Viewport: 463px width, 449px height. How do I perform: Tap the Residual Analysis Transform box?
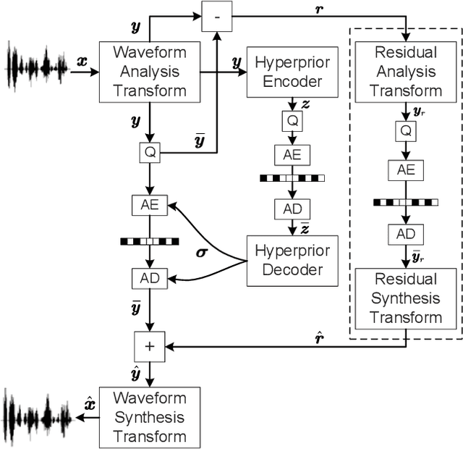[x=406, y=72]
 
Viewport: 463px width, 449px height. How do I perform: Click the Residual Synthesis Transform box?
[x=406, y=298]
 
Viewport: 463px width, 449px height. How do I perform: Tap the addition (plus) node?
[x=150, y=346]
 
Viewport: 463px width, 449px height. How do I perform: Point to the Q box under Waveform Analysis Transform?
[x=150, y=152]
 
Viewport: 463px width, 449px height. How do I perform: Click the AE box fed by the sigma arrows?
[x=150, y=205]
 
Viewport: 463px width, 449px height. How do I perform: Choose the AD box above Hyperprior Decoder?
[x=292, y=209]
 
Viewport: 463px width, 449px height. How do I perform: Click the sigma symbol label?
[x=203, y=253]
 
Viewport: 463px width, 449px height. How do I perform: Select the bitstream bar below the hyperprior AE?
[x=292, y=177]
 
